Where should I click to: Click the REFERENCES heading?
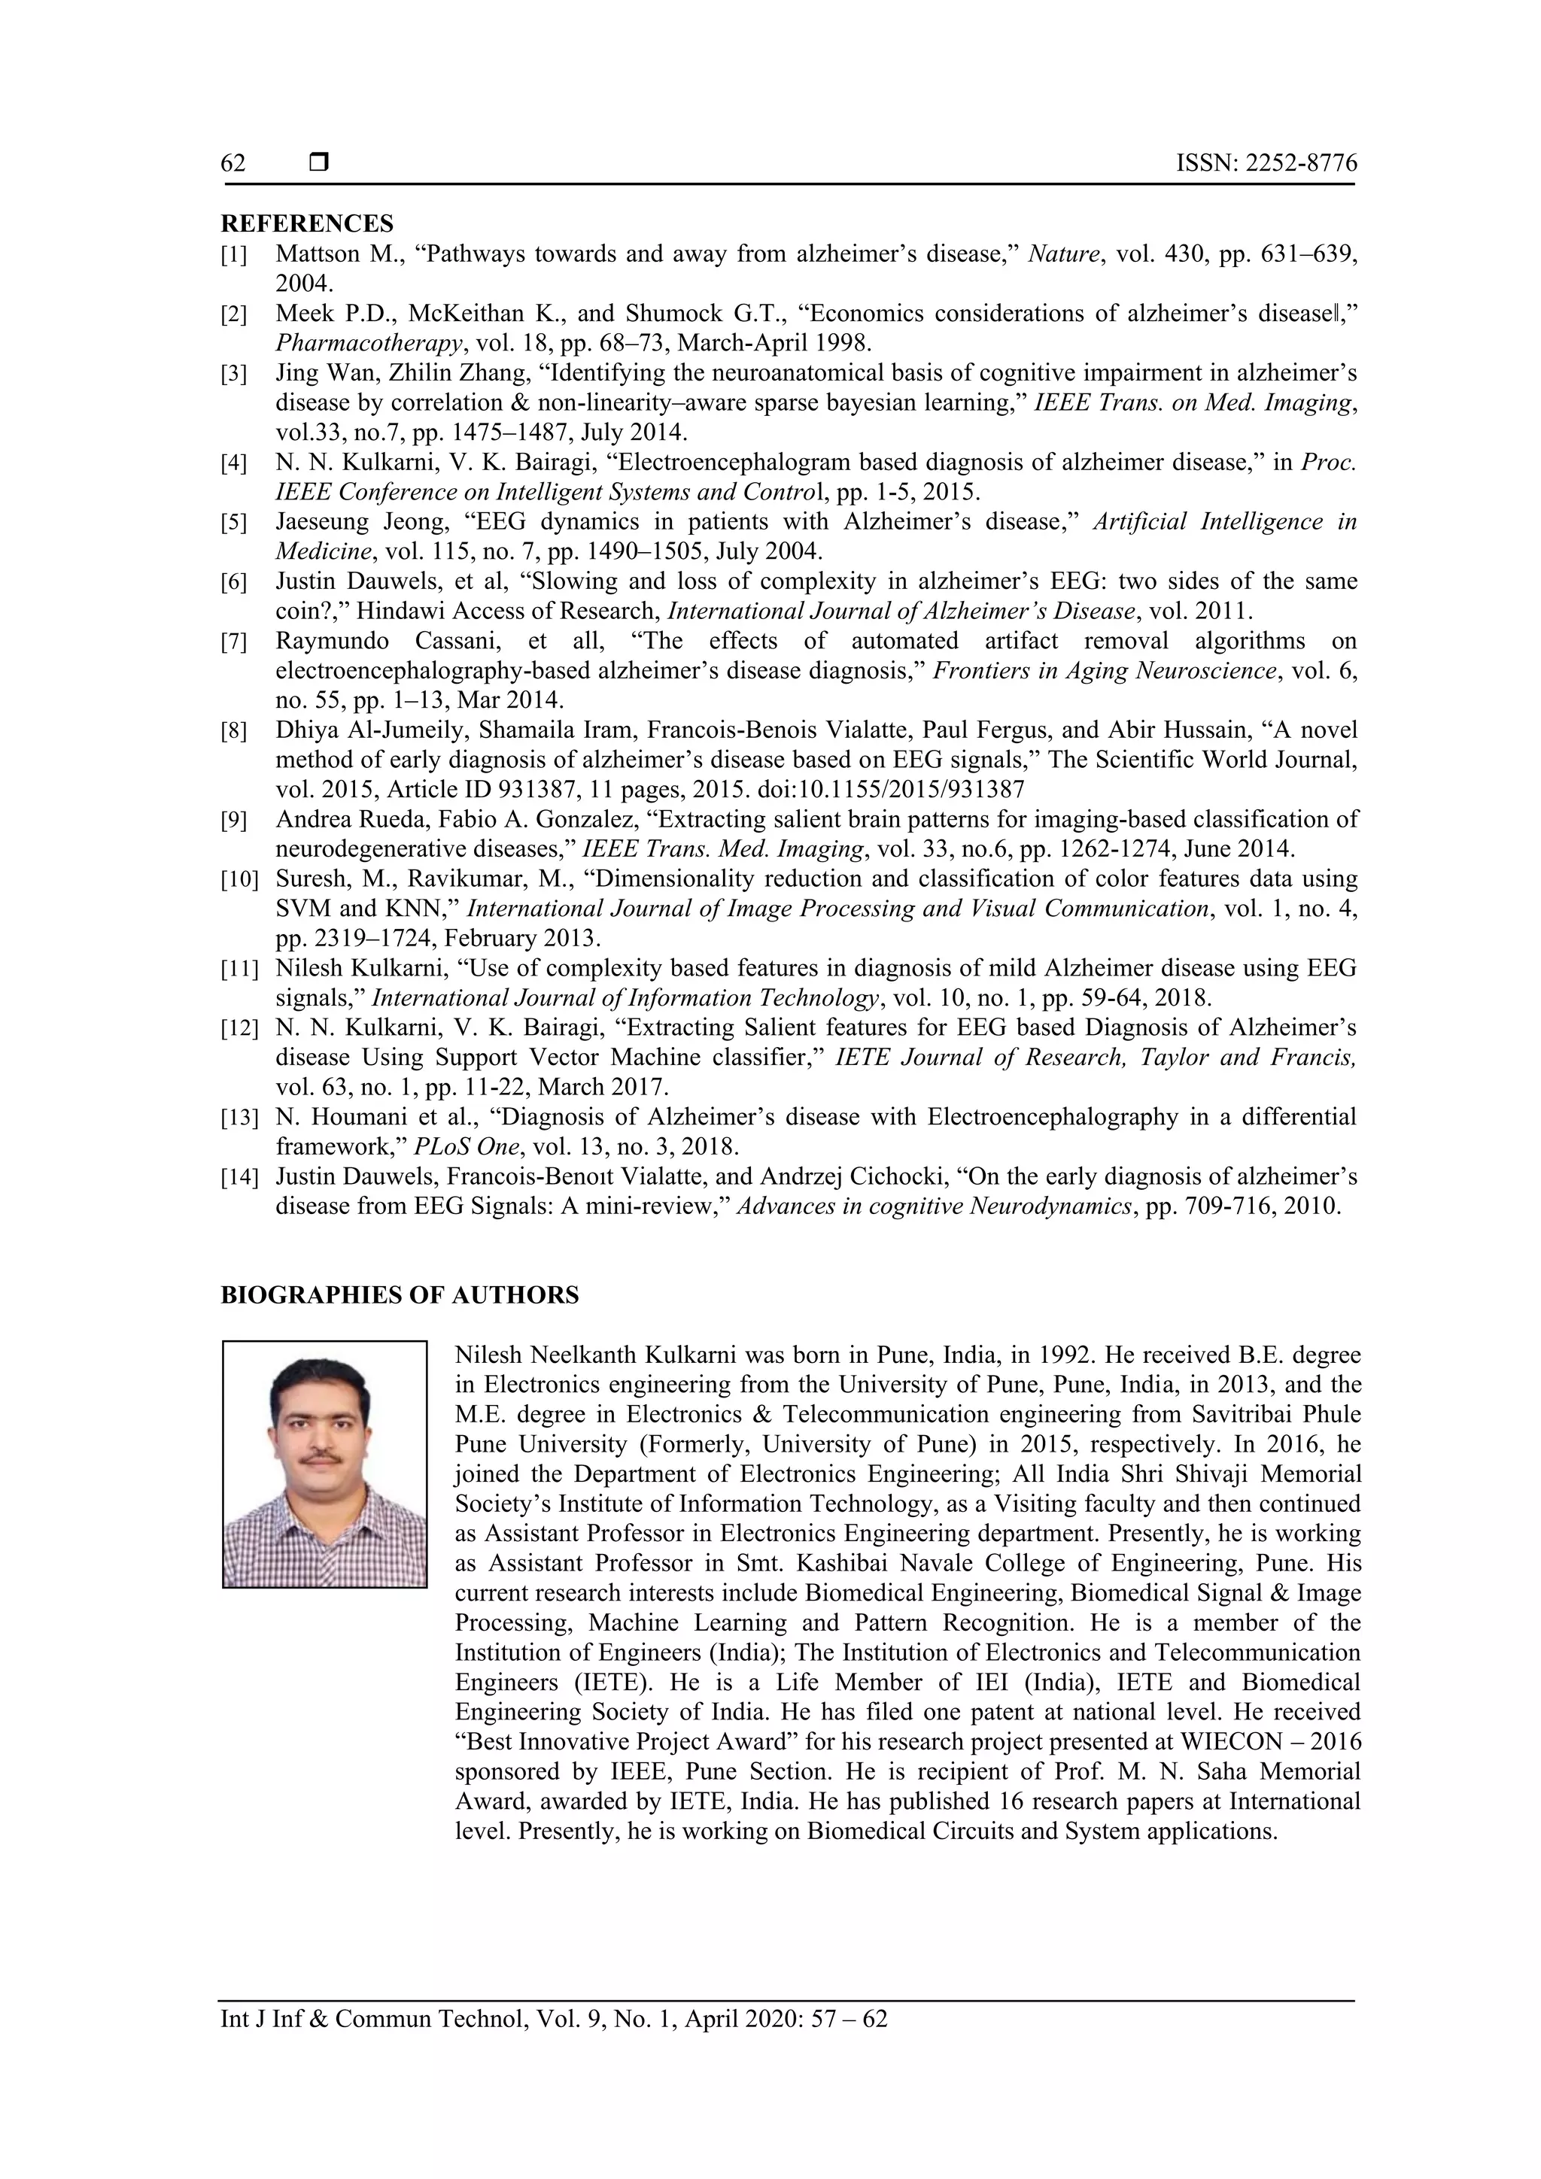click(x=307, y=224)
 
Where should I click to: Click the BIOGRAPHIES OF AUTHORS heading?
click(x=399, y=1295)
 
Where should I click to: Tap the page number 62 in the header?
click(x=233, y=164)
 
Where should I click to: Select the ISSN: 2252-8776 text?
click(x=1266, y=164)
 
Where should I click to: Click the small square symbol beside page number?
click(x=319, y=163)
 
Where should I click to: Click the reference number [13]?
click(x=239, y=1118)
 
